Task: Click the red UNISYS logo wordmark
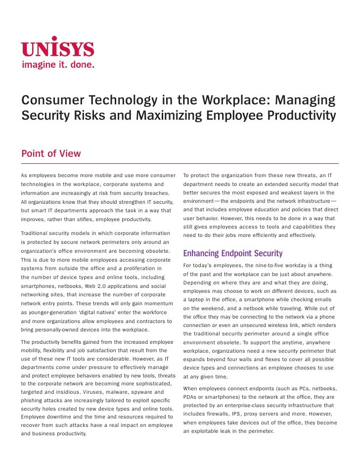click(x=57, y=47)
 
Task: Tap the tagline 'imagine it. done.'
click(x=57, y=65)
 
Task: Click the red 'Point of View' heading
click(x=51, y=153)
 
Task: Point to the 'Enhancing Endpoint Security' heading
click(x=232, y=254)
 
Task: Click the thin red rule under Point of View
click(x=180, y=163)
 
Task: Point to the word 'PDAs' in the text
click(x=191, y=397)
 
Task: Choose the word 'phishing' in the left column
click(x=35, y=400)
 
